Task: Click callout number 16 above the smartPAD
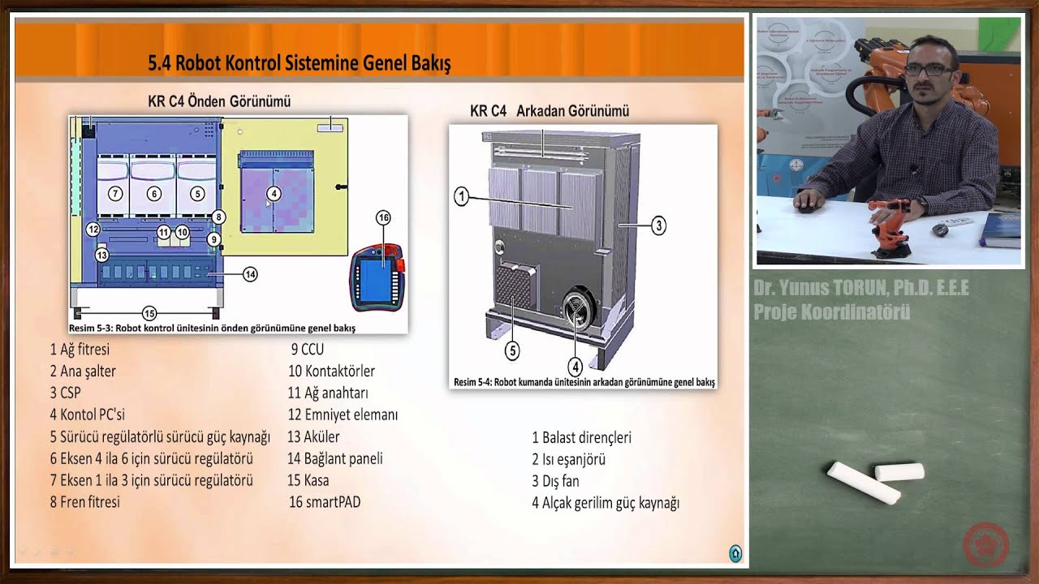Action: [383, 217]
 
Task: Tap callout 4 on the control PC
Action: [274, 193]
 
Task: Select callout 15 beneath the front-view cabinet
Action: [149, 313]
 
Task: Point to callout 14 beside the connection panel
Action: [250, 274]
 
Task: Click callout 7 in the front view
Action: [115, 193]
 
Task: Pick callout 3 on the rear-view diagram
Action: [658, 225]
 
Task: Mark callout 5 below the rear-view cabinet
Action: [512, 350]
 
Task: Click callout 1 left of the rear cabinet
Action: [461, 195]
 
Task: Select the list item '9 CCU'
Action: [308, 350]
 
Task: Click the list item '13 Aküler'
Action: [313, 437]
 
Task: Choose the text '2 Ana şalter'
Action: [83, 371]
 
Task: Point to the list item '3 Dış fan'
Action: [555, 481]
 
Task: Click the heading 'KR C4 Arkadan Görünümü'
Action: [549, 111]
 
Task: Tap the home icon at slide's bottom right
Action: [735, 553]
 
